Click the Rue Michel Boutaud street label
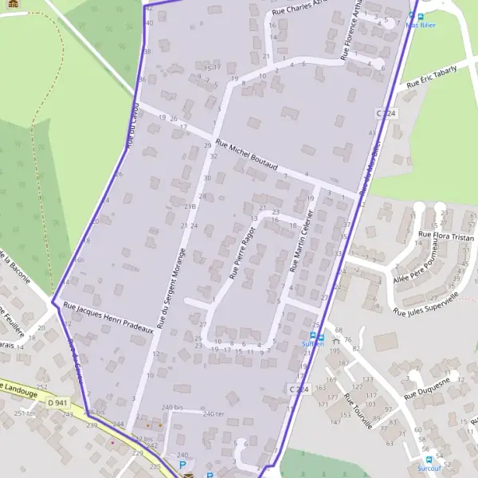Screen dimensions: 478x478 (246, 158)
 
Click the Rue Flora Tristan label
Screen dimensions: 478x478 (446, 236)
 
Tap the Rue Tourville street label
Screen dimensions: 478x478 (358, 410)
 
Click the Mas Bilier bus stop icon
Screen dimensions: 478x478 (411, 15)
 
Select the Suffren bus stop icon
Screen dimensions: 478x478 (313, 335)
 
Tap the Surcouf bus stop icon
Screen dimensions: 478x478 (429, 460)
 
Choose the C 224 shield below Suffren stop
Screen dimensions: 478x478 (298, 388)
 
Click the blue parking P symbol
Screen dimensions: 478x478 (182, 464)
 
